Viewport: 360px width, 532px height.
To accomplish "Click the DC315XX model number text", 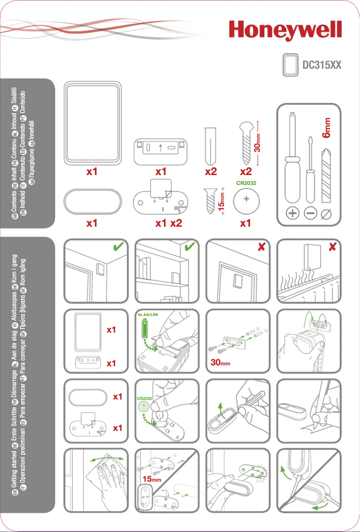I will pyautogui.click(x=322, y=66).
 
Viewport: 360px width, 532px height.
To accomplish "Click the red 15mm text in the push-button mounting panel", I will pyautogui.click(x=152, y=479).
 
